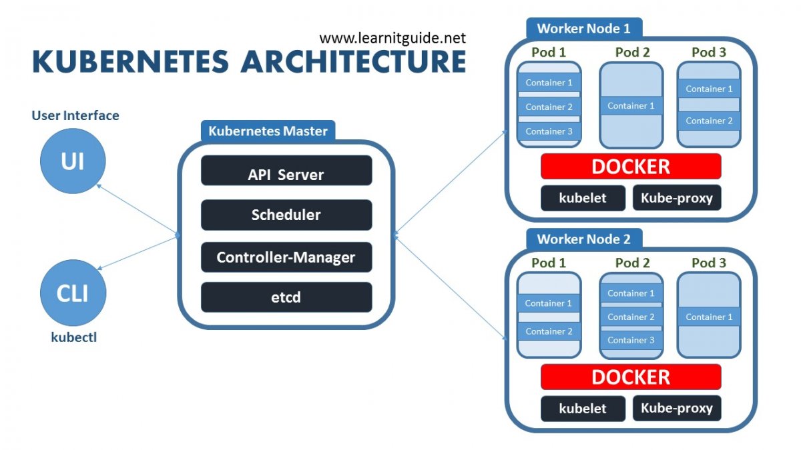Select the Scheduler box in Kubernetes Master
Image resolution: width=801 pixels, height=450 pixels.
point(286,215)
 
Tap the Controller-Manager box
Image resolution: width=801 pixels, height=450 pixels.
point(286,257)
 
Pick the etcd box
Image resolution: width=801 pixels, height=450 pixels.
point(286,297)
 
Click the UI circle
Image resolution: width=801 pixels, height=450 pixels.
point(73,161)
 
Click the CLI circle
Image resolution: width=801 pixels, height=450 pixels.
point(73,293)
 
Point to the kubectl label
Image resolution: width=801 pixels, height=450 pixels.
point(73,337)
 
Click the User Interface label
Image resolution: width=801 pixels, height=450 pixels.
point(75,115)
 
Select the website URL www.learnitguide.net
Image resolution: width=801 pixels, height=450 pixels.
point(392,38)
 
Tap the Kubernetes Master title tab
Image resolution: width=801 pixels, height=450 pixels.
point(268,131)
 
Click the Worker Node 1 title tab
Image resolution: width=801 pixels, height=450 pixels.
point(583,29)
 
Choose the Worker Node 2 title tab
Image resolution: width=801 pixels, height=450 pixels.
point(583,239)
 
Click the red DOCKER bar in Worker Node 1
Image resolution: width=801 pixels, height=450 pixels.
point(631,166)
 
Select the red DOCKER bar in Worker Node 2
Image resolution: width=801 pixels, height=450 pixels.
point(631,377)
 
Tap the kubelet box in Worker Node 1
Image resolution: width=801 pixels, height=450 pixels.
point(583,198)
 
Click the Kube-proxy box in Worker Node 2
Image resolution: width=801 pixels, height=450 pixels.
point(677,408)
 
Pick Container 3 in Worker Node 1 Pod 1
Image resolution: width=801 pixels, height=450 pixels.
point(549,131)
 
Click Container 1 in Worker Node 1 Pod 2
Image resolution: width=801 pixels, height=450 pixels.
point(631,105)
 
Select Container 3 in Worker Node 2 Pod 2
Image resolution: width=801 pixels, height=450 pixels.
point(631,340)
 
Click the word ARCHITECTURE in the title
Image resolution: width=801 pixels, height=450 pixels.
point(354,62)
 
